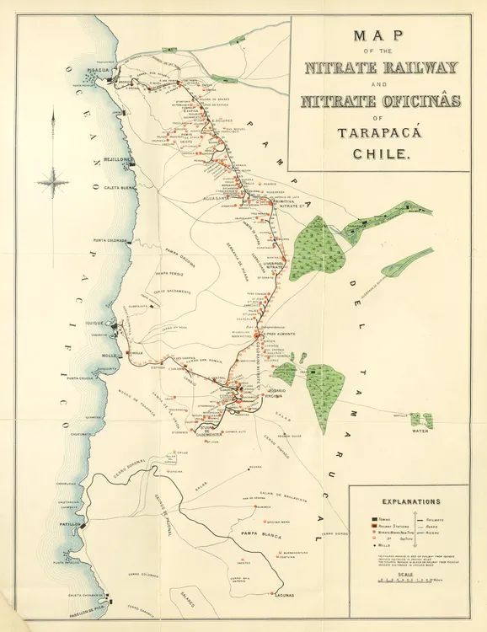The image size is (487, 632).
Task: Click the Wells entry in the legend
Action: (384, 546)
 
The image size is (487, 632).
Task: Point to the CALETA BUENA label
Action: (119, 189)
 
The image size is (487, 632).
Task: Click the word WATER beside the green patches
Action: (420, 430)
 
